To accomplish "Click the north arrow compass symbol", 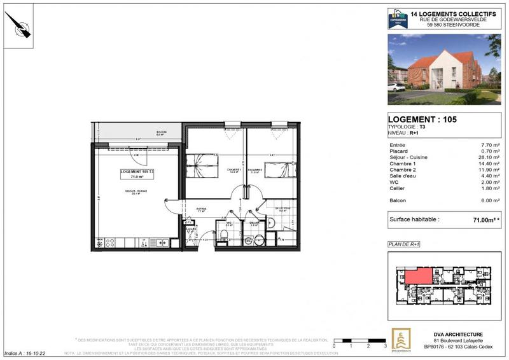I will (x=18, y=27).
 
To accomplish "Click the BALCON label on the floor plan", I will (x=161, y=133).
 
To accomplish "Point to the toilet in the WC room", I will (x=223, y=237).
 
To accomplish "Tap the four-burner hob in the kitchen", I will (x=109, y=242).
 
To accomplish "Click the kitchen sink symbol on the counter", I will (x=161, y=242).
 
